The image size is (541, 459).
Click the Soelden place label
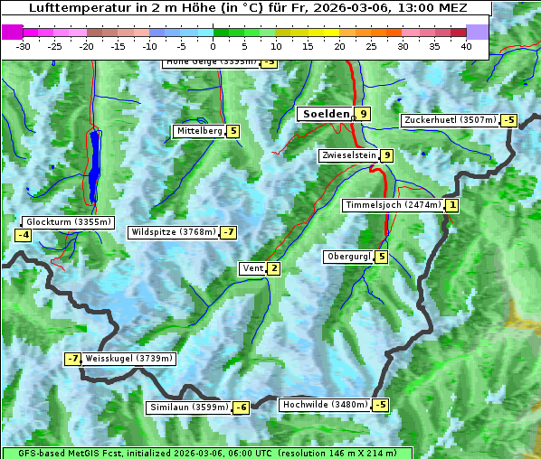[325, 114]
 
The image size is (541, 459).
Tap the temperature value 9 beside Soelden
[363, 114]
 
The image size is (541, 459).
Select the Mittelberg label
[199, 131]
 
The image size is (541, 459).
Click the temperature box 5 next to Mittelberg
[233, 131]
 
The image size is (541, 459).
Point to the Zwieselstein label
[348, 155]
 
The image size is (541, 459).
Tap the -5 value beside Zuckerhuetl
[509, 120]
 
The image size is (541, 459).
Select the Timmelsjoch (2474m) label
[394, 205]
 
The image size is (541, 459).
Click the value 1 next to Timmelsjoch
[452, 205]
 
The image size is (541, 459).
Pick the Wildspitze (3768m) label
[174, 232]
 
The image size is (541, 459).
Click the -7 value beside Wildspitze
[229, 232]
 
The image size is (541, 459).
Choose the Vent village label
[252, 268]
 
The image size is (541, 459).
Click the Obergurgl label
[348, 257]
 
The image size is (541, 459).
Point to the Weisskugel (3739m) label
[128, 359]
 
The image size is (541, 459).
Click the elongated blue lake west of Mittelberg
[94, 167]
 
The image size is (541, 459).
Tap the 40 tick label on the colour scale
[466, 46]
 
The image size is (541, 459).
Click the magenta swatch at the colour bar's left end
[13, 32]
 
